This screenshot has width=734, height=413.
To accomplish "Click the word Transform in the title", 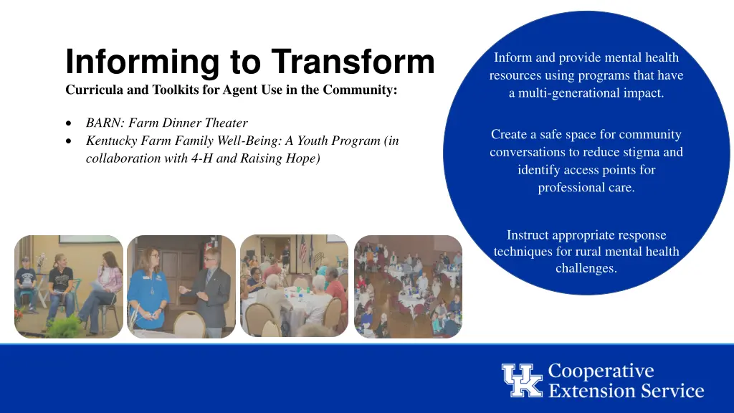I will pos(353,62).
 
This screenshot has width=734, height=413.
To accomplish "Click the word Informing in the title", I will pos(141,62).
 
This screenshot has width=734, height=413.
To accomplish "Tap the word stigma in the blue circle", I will pos(642,152).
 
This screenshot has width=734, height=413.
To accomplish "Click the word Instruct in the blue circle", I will pos(527,235).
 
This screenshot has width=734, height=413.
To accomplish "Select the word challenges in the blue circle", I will pos(586,269).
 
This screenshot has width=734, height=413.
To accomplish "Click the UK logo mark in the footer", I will pos(522,380).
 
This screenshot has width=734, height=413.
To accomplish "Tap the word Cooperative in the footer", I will pos(601,371).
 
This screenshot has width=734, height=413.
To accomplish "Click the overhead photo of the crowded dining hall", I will pos(409,287).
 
